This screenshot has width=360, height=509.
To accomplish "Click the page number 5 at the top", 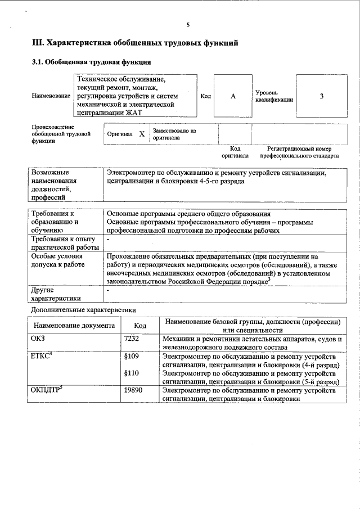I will (188, 25).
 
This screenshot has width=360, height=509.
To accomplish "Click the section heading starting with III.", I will (135, 43).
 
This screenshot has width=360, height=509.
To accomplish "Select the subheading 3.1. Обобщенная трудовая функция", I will (91, 62).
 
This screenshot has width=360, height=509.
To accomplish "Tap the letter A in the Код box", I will (233, 96).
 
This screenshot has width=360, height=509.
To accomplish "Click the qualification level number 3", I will (321, 96).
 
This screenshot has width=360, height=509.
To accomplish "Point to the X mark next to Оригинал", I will (142, 134).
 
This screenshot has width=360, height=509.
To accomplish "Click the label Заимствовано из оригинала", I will (174, 134).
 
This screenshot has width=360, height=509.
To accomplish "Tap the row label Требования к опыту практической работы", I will (65, 244).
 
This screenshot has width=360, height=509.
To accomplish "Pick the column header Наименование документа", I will (74, 326).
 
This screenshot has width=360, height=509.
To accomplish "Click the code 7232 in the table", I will (131, 339).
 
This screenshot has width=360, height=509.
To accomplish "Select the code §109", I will (131, 357).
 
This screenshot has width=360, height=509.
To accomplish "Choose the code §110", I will (131, 373).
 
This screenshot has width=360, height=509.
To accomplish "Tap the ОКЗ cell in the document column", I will (39, 339).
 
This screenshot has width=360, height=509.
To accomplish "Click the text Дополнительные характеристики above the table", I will (83, 310).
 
